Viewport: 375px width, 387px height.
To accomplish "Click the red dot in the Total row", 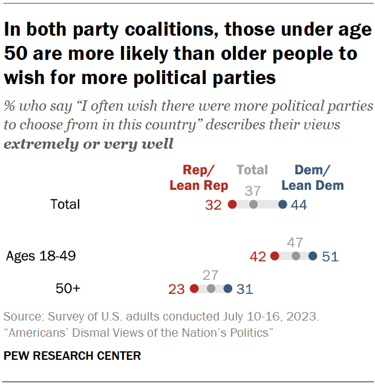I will (232, 205).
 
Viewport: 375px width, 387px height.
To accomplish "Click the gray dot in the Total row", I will (253, 205).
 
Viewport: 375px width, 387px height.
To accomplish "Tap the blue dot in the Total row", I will (282, 205).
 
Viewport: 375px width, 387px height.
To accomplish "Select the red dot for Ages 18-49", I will (275, 256).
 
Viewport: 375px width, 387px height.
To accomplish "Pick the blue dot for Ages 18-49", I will (313, 256).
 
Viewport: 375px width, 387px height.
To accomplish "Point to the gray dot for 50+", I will (210, 289).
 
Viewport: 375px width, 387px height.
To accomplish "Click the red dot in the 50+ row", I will (194, 289).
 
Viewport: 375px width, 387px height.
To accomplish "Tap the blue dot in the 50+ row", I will (227, 289).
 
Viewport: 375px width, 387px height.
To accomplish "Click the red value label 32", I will (214, 205).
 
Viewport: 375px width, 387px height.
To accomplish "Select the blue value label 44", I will (299, 205).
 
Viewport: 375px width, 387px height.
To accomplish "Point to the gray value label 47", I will (295, 243).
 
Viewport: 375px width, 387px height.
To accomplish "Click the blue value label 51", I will (330, 256).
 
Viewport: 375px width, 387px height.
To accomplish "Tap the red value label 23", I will (176, 289).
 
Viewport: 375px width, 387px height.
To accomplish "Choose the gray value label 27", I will (210, 276).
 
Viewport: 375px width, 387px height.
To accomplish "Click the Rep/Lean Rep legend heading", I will (198, 178).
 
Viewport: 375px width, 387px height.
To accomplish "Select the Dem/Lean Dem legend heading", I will (313, 178).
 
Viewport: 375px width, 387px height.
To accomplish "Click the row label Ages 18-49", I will (41, 256).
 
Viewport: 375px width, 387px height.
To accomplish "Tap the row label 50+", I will (68, 289).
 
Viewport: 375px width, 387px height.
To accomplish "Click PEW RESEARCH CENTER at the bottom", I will (72, 356).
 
